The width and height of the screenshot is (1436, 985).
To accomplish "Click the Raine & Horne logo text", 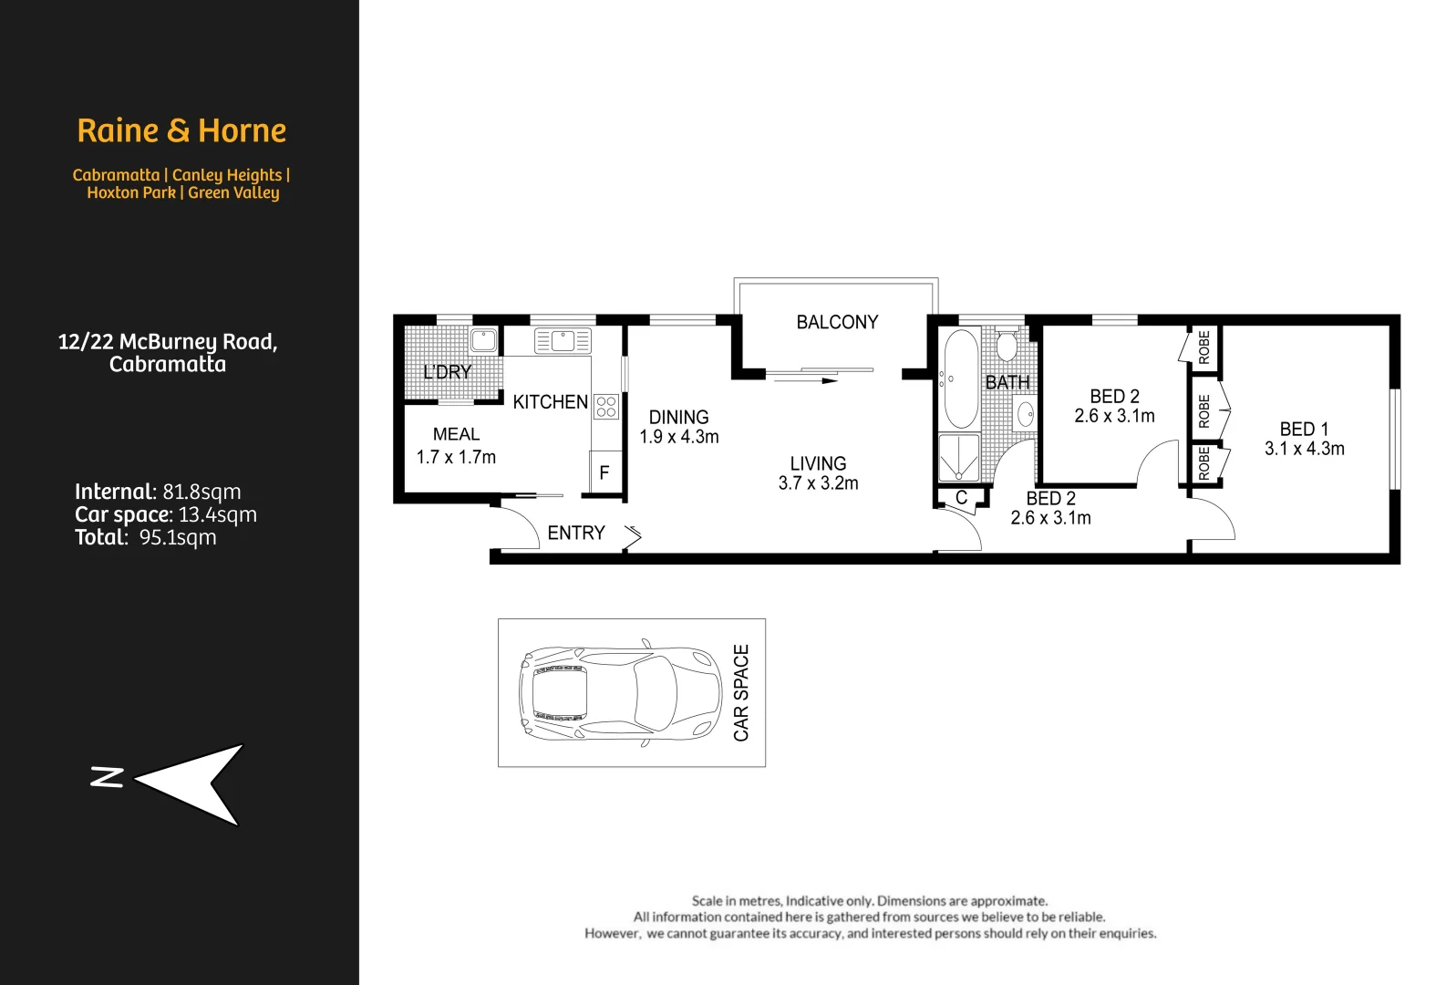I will [x=181, y=130].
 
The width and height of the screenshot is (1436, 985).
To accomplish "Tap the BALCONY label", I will [x=836, y=322].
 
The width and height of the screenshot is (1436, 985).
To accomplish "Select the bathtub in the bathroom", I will [x=960, y=378].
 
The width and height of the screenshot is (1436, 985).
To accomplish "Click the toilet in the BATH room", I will [x=1007, y=346].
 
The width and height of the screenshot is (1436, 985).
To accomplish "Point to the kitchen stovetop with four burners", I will [x=606, y=407].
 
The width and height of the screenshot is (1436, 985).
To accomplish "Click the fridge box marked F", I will [x=604, y=472].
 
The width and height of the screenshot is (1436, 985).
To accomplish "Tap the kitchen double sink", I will [x=563, y=341].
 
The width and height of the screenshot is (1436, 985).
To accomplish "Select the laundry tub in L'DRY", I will [x=483, y=340].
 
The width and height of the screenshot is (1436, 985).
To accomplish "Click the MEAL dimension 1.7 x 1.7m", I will [x=456, y=457].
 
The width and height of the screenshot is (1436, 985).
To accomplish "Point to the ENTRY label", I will [x=575, y=533].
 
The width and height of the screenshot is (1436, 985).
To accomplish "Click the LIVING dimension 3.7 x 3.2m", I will [x=818, y=483].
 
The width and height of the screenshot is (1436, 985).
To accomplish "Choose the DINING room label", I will [x=678, y=417].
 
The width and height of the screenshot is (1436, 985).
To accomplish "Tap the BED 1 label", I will [x=1303, y=429].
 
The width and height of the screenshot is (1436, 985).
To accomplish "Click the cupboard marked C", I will [x=961, y=498].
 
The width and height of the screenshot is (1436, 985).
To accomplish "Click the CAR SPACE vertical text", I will [x=741, y=692].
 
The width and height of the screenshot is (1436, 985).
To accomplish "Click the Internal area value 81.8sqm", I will [x=201, y=492].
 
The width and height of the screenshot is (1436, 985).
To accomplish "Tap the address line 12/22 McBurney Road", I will [x=168, y=342].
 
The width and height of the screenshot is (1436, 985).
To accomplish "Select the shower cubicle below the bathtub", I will [x=959, y=458].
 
